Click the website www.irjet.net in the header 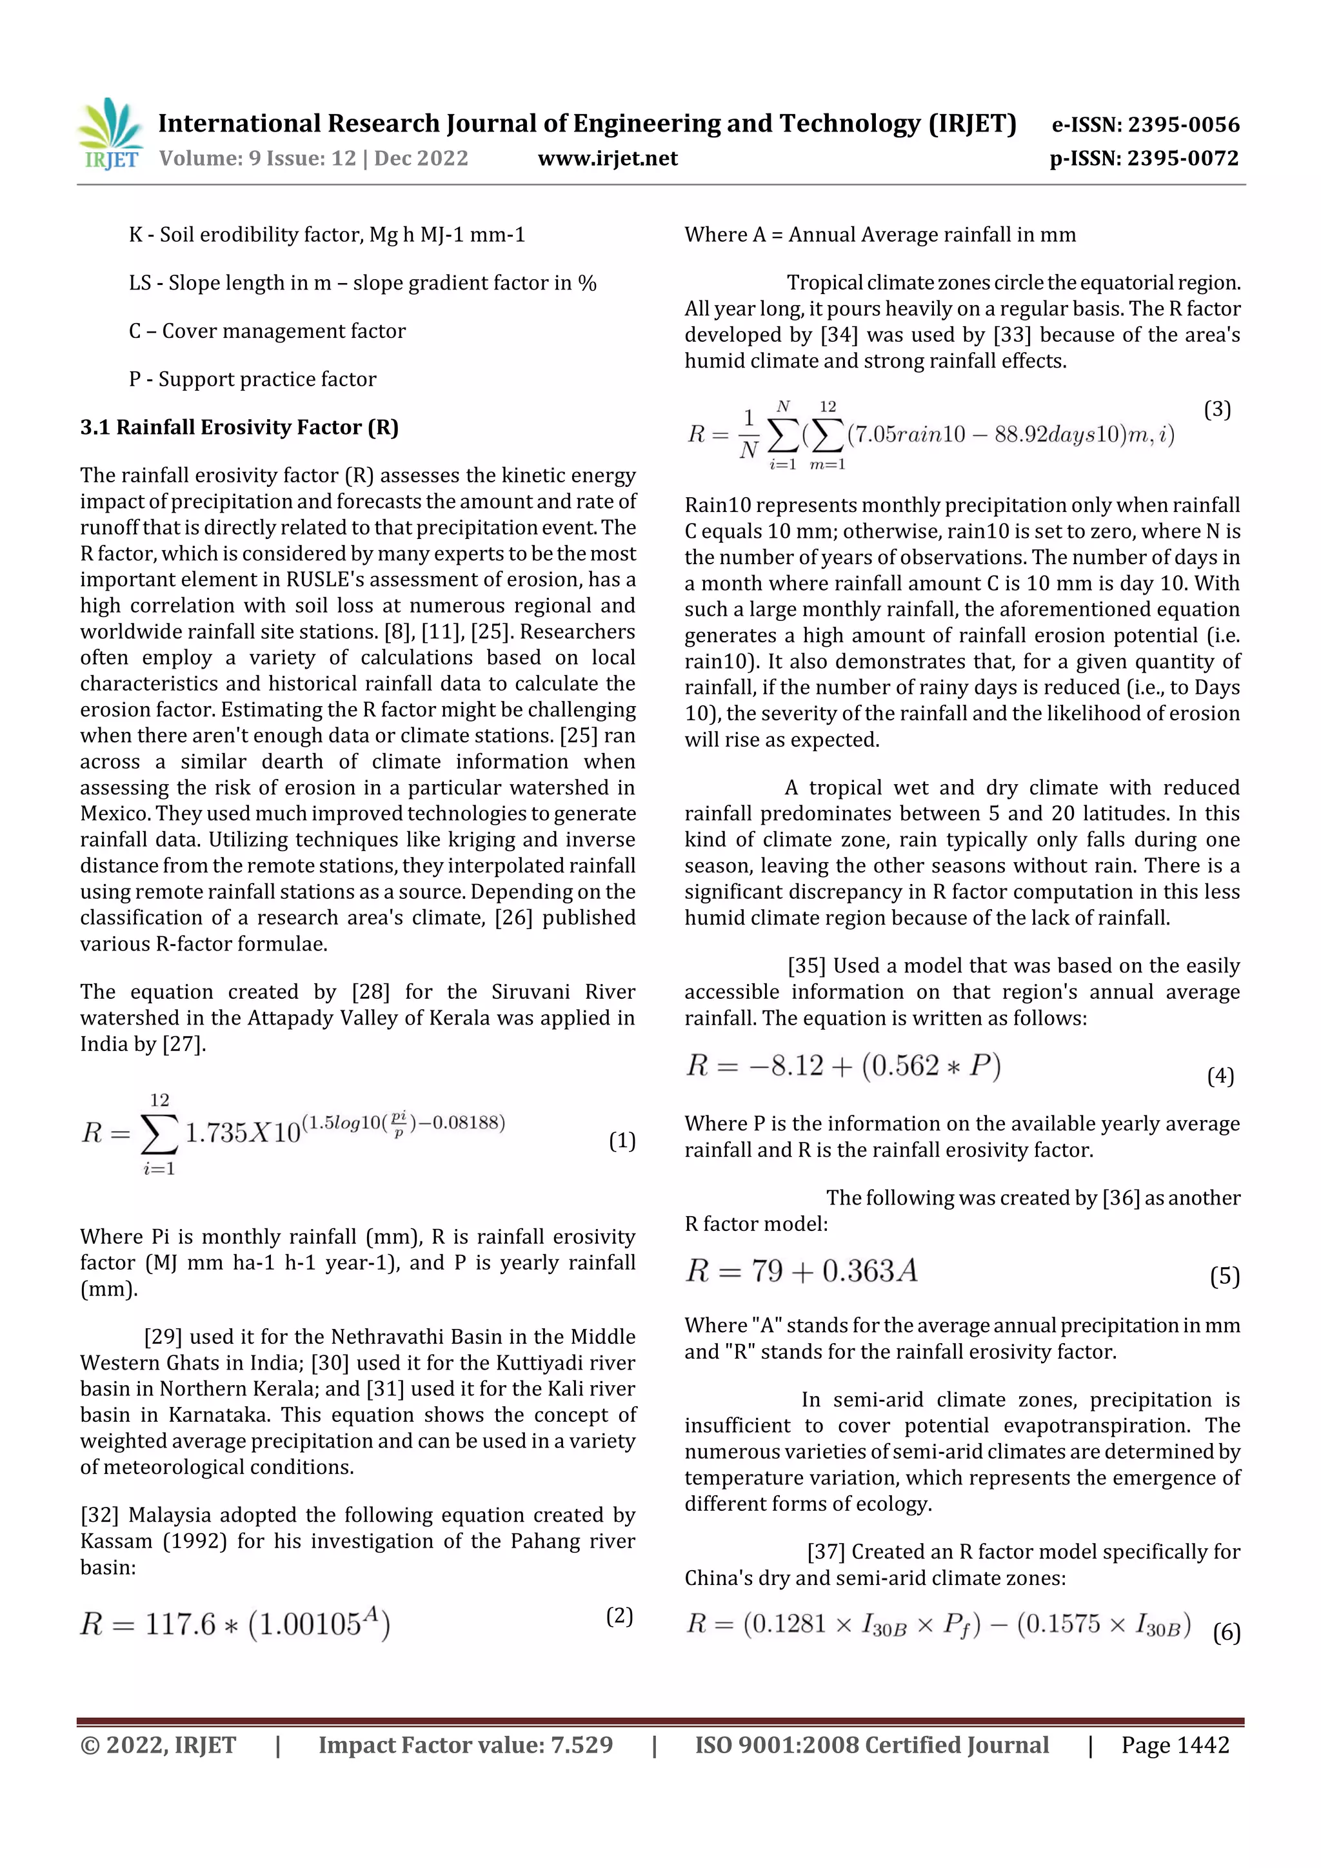pyautogui.click(x=607, y=158)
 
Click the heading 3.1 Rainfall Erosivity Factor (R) pyautogui.click(x=239, y=427)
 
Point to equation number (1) pyautogui.click(x=622, y=1141)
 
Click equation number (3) pyautogui.click(x=1217, y=409)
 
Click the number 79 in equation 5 pyautogui.click(x=767, y=1271)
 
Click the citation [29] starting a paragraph pyautogui.click(x=163, y=1337)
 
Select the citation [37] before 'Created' pyautogui.click(x=826, y=1551)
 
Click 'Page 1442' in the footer pyautogui.click(x=1175, y=1745)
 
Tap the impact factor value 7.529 pyautogui.click(x=581, y=1745)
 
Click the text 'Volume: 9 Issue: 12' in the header pyautogui.click(x=257, y=158)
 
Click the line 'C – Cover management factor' pyautogui.click(x=267, y=331)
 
